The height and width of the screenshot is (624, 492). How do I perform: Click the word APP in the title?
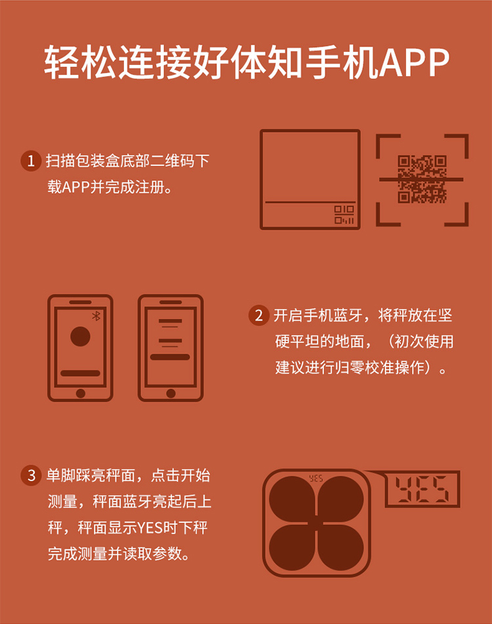[414, 62]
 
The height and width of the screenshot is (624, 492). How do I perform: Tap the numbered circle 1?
[31, 161]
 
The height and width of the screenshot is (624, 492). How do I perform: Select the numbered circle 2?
[258, 315]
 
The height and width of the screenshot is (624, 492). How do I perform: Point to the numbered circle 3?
[31, 475]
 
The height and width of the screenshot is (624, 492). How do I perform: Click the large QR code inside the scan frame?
[422, 179]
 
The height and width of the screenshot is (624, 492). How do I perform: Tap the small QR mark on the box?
[344, 215]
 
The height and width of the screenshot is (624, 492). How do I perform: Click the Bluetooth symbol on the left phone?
[96, 316]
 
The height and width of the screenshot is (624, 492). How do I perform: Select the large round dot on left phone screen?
[80, 336]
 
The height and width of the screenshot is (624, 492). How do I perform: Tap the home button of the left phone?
[80, 393]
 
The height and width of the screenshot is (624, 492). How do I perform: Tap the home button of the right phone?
[171, 393]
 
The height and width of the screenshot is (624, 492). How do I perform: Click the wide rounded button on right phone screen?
[170, 357]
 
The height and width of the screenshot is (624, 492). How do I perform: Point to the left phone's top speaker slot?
[80, 302]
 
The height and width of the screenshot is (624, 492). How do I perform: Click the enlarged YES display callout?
[422, 489]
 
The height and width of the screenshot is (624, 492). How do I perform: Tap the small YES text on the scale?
[316, 478]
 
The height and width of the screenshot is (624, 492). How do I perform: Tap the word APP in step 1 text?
[75, 186]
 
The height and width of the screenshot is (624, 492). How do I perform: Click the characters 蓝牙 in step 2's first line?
[348, 316]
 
